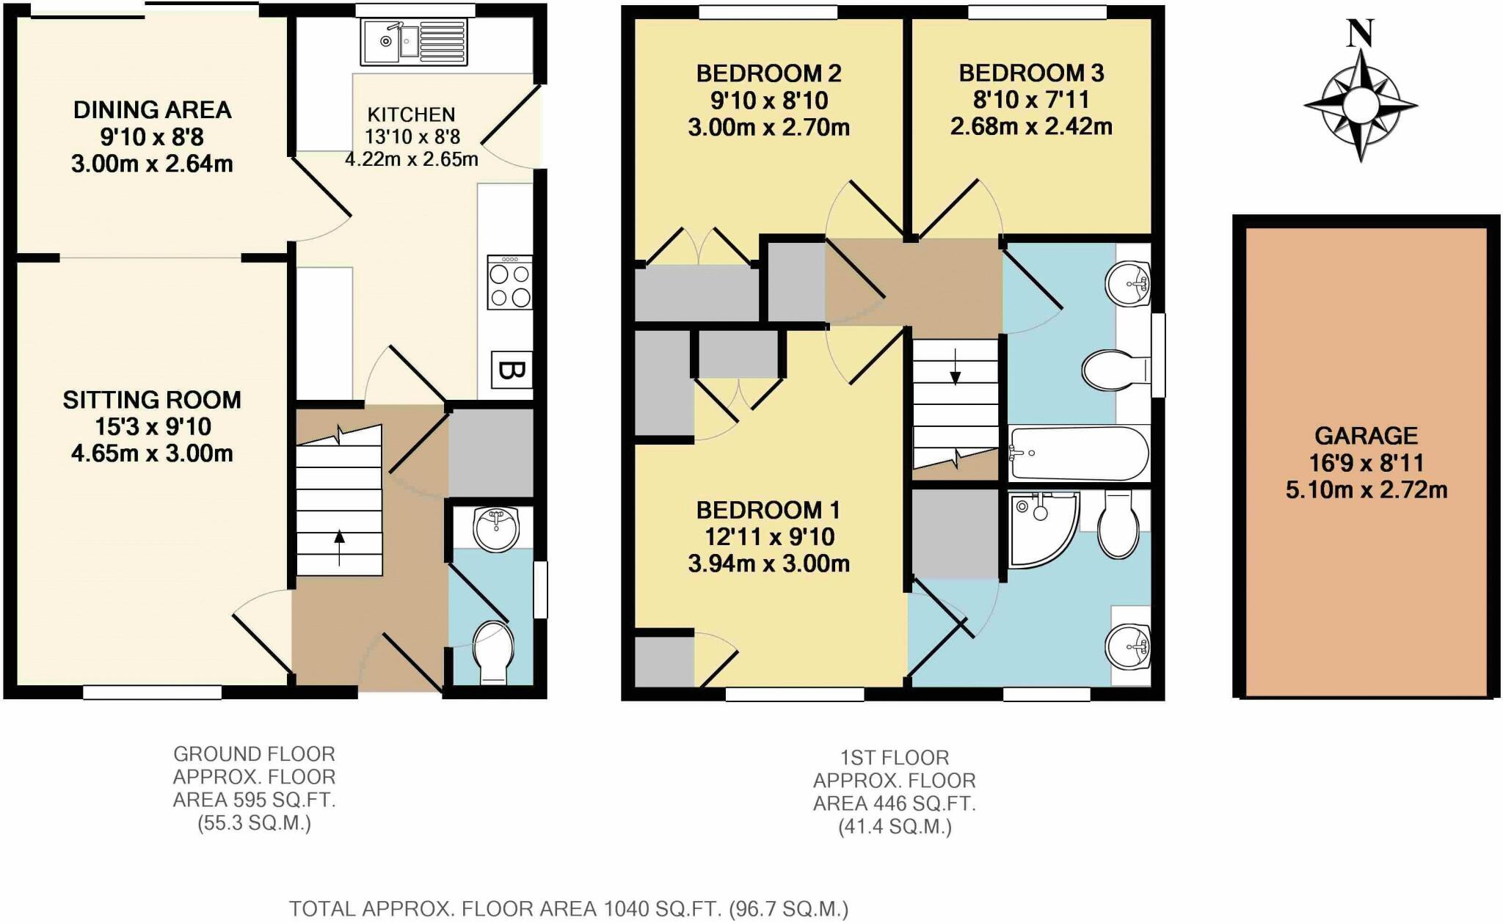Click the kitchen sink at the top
pos(414,41)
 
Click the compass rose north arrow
pos(1360,105)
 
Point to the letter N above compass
pos(1360,33)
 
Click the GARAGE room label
pos(1366,436)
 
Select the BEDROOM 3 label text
pos(1031,73)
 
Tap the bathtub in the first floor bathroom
pos(1078,453)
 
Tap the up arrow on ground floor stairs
pos(339,547)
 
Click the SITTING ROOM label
pos(152,400)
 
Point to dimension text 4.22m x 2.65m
pos(412,158)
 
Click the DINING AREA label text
pos(152,110)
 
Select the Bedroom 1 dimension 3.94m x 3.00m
pos(768,563)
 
